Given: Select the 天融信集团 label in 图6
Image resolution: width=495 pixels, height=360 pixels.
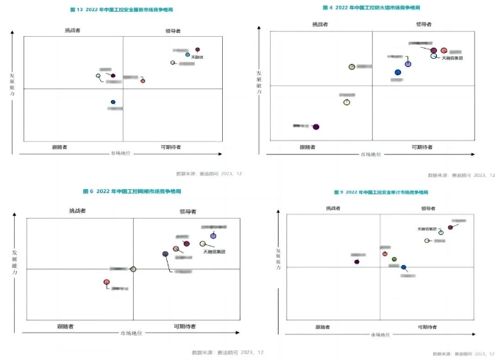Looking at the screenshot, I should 214,252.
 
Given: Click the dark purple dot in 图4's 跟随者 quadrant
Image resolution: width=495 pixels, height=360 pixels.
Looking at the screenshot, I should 316,127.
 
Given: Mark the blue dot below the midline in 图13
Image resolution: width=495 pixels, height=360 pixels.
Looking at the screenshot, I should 113,102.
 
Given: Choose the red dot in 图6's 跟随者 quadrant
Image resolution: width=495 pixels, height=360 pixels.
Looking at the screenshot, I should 106,281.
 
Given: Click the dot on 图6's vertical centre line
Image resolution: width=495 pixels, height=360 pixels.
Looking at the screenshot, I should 133,269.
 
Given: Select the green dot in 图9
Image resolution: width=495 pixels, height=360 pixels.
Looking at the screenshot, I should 394,259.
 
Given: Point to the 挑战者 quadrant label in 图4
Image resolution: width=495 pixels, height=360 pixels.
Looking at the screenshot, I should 320,24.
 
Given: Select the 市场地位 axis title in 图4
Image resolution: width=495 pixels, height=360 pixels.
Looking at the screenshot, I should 371,155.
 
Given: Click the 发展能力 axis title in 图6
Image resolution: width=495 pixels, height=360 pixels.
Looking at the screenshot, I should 13,264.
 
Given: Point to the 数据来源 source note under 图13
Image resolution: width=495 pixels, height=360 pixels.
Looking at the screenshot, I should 198,174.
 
